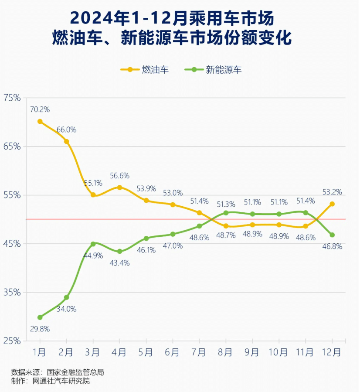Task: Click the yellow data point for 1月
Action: (40, 122)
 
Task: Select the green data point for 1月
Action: (40, 317)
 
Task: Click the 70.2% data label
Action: (40, 109)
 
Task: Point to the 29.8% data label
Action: (40, 329)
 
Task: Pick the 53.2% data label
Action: (332, 192)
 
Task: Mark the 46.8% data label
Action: (332, 246)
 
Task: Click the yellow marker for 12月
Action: (332, 204)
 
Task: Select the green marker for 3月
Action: (93, 244)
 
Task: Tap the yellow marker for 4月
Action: (119, 187)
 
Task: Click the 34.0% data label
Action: (67, 309)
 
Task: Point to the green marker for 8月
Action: (226, 213)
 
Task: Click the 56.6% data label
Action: (119, 176)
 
